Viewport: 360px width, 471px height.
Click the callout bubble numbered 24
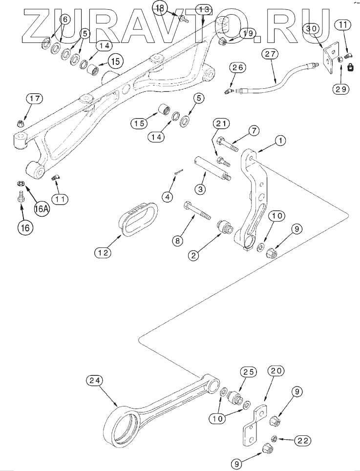pos(95,380)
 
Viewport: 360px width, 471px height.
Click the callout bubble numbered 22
pos(302,441)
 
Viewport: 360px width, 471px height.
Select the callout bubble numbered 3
pos(201,188)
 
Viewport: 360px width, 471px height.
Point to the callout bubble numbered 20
pos(276,371)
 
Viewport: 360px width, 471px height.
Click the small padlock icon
pos(350,69)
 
